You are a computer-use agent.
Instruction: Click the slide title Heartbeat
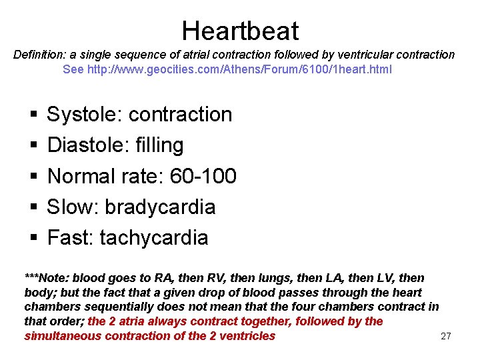[x=240, y=31]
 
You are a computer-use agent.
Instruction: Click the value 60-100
[x=203, y=176]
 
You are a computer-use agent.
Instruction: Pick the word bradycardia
[x=160, y=207]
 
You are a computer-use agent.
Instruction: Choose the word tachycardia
[x=154, y=238]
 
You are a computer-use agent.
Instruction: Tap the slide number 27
[x=446, y=336]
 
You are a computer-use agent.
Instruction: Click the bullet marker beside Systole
[x=33, y=115]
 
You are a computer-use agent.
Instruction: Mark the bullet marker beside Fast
[x=33, y=239]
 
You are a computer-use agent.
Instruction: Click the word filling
[x=158, y=145]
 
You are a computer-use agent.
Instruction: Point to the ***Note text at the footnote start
[x=47, y=277]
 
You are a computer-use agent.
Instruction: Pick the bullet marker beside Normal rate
[x=33, y=177]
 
